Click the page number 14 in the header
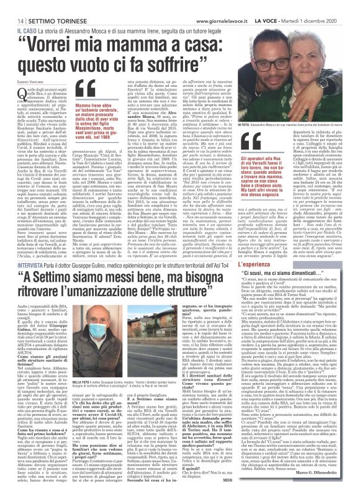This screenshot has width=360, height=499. (12, 6)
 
